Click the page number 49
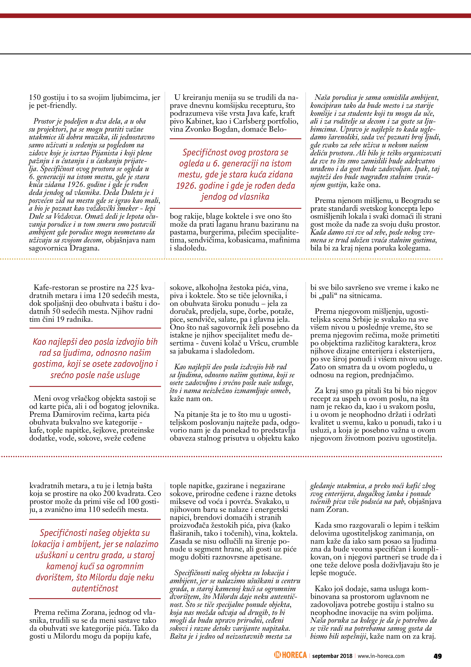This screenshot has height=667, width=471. click(x=437, y=656)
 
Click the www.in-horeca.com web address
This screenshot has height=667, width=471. click(x=381, y=656)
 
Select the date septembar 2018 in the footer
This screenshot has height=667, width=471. click(x=332, y=656)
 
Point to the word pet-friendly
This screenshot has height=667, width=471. click(x=56, y=106)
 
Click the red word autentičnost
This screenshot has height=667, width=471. click(x=95, y=588)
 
